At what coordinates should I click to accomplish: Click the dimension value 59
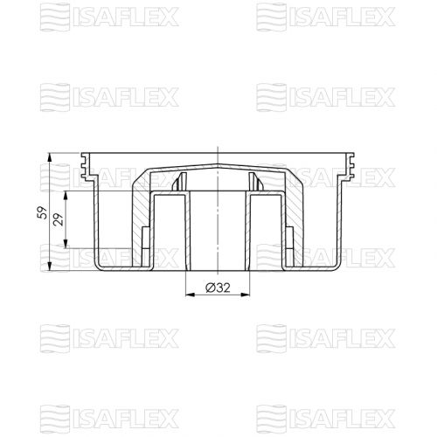[x=42, y=212]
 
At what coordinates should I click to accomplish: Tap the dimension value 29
[x=59, y=219]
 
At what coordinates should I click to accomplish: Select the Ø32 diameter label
[x=218, y=288]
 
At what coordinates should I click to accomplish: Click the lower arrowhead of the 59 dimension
[x=50, y=266]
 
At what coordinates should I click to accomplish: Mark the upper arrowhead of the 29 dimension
[x=66, y=196]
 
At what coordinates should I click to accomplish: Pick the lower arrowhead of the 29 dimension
[x=66, y=244]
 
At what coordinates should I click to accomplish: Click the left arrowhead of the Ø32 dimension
[x=191, y=295]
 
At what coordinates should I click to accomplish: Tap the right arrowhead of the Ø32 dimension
[x=246, y=295]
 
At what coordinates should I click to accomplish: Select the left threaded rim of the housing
[x=86, y=166]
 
